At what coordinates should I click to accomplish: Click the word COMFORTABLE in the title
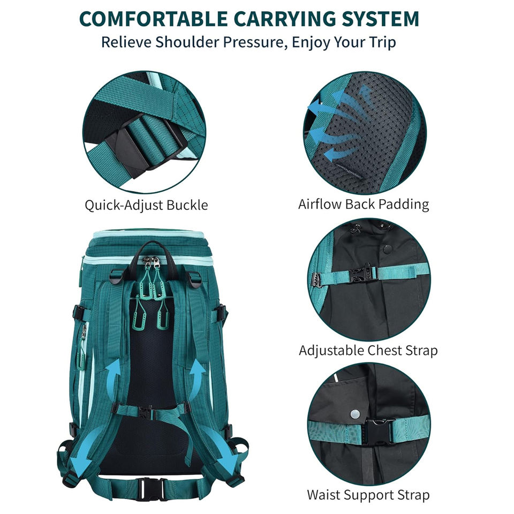tap(154, 19)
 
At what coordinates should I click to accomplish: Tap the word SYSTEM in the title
tap(381, 19)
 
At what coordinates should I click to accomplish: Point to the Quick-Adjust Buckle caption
tap(146, 205)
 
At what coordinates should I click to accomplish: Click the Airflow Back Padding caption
tap(364, 204)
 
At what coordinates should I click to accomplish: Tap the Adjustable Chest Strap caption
tap(368, 350)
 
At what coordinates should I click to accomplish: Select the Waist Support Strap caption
tap(368, 495)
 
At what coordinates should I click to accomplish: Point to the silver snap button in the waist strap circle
tap(354, 414)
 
